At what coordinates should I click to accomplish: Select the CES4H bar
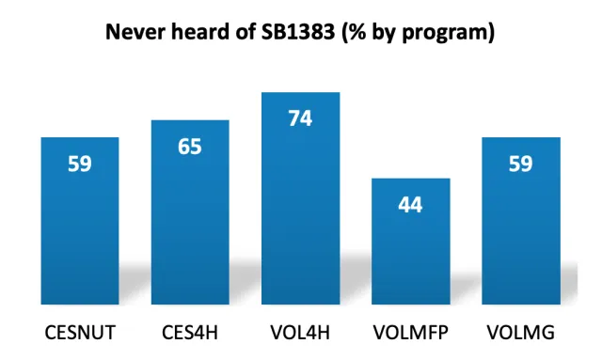coord(190,226)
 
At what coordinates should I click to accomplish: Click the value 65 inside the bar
coord(190,148)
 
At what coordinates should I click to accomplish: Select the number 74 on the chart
coord(300,119)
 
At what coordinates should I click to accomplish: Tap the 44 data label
coord(410,205)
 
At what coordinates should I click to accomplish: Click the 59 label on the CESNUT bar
coord(80,164)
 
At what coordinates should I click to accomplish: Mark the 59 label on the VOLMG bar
coord(520,164)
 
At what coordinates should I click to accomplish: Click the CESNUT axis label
coord(80,333)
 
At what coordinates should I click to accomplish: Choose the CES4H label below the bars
coord(190,333)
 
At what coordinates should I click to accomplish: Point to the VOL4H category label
coord(300,333)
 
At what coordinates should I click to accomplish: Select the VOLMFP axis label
coord(410,333)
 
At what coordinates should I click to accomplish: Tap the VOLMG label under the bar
coord(520,333)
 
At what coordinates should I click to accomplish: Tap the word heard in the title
coord(200,32)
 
